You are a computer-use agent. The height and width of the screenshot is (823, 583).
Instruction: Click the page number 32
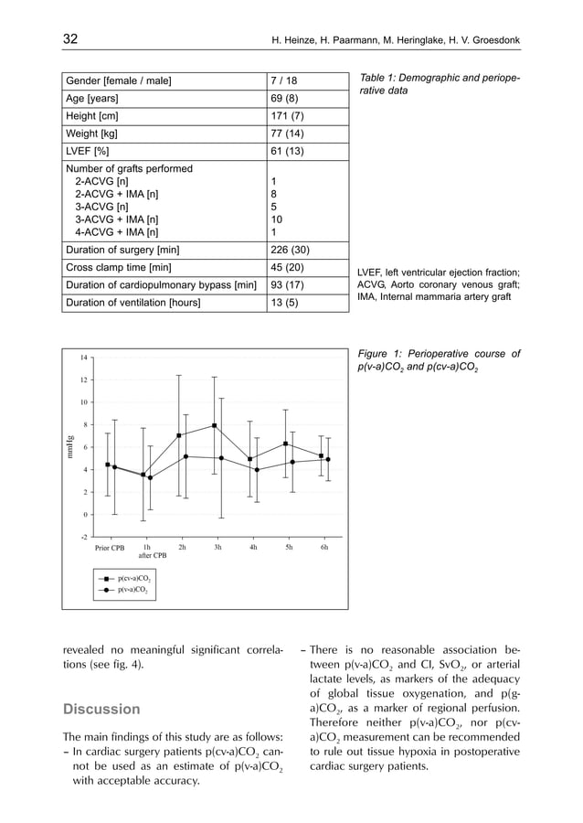coord(69,39)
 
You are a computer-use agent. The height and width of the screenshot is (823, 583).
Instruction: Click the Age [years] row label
coord(91,99)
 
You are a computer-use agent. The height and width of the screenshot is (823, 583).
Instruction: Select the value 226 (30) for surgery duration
coord(291,251)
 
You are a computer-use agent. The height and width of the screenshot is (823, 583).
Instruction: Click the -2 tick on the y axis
coord(81,537)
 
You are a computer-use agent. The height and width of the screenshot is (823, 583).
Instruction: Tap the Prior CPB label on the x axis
coord(110,549)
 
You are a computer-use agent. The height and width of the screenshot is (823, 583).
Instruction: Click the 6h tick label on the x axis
coord(323,548)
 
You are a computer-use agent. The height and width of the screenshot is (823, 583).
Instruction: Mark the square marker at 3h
coord(215,426)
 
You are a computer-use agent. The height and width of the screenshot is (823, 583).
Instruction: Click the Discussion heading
coord(101,709)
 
